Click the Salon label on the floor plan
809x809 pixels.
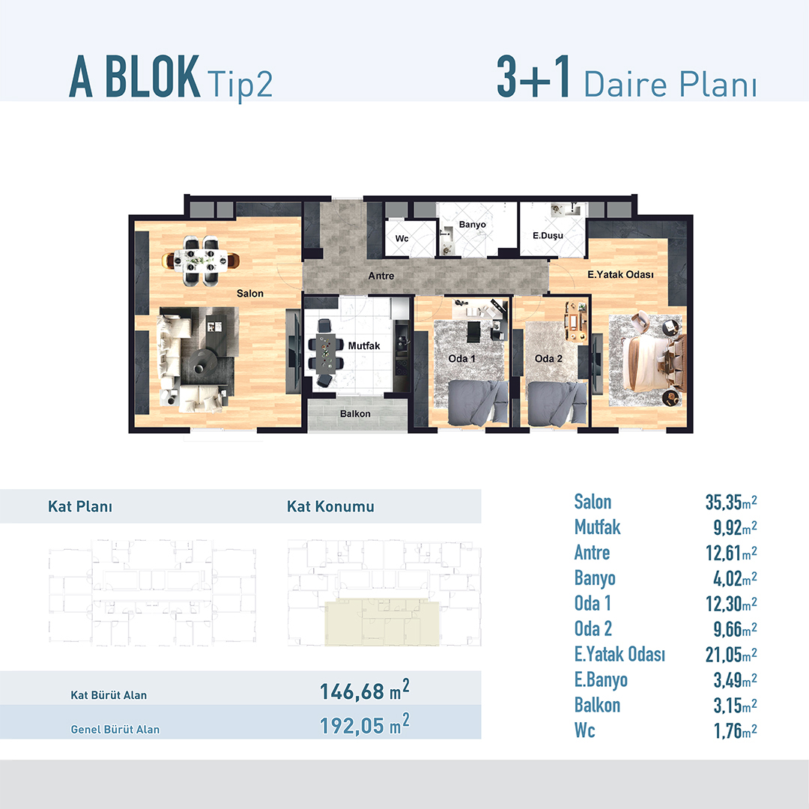249,294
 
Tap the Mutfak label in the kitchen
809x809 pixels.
364,345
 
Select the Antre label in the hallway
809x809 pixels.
381,276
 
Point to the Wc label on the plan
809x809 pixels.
402,238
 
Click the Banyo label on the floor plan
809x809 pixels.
472,225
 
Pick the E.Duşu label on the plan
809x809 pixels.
548,236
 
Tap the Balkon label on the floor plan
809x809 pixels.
355,413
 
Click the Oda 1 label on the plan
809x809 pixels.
461,359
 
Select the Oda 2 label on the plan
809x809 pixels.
548,359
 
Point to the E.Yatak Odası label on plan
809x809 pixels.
620,274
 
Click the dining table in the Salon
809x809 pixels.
201,261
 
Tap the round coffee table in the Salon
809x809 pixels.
202,360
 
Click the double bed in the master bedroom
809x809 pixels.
652,364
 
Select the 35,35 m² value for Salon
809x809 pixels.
731,502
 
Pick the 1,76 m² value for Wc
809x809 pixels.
736,730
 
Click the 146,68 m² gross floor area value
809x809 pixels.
364,691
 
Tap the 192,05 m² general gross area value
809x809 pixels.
364,724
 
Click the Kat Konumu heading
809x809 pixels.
330,506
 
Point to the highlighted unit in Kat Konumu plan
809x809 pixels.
382,623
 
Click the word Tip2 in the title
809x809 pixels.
240,84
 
